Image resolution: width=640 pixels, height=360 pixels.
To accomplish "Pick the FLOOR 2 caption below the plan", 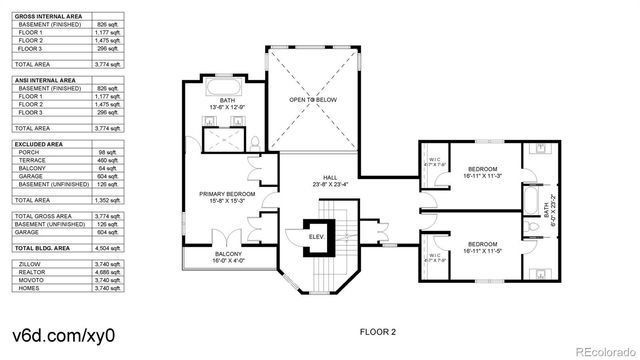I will pos(379,330).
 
